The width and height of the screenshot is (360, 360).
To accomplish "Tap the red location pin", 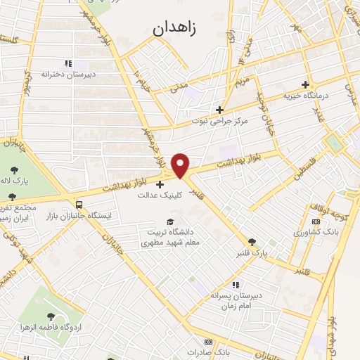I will coord(181,166).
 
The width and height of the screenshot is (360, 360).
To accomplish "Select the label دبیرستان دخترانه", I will coord(68,73).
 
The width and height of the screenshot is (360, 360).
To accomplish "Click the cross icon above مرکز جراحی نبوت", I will coord(220,110).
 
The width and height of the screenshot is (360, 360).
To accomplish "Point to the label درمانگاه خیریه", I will coord(306,95).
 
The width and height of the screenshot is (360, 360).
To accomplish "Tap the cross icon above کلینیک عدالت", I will coord(160,184).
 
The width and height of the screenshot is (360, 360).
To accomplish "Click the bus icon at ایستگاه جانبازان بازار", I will coord(78,205).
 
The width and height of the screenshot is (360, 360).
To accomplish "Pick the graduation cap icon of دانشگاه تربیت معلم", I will coord(169,222).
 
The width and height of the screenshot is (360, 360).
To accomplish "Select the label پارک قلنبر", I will coord(252,252).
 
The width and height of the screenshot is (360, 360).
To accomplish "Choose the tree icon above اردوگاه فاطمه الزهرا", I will coord(51,317).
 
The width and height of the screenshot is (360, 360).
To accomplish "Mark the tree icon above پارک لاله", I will coord(15,169).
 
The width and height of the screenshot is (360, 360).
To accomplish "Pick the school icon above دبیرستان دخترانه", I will coord(68,62).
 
